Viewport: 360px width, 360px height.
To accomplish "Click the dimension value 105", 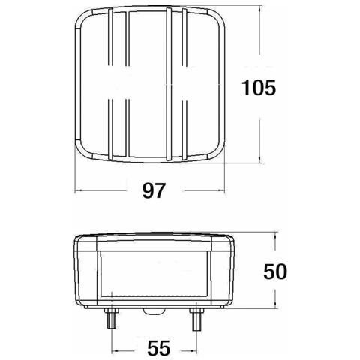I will (x=259, y=88).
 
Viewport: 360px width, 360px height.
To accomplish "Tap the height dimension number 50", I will (x=275, y=271).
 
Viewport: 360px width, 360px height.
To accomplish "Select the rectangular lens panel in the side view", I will (x=153, y=278).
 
